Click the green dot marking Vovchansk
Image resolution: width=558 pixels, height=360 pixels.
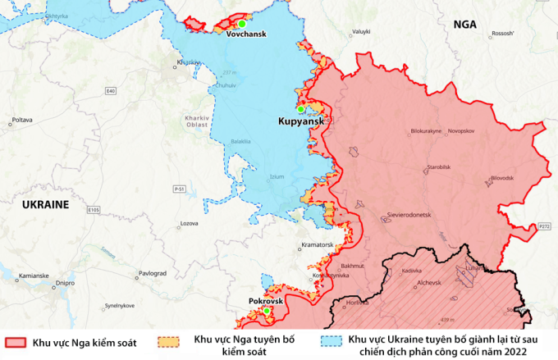(x=242, y=25)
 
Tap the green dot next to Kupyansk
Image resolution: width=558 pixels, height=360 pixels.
(x=301, y=109)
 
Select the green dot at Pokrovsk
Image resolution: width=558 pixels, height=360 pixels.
(x=266, y=312)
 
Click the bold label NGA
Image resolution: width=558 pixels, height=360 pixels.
(x=464, y=25)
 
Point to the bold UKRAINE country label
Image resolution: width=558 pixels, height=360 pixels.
(x=45, y=203)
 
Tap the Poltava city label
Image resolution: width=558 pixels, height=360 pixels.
(x=22, y=120)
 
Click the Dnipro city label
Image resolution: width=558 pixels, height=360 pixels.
(x=66, y=284)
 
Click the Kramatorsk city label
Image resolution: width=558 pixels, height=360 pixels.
(x=316, y=244)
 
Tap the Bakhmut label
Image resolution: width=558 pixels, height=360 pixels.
(x=352, y=266)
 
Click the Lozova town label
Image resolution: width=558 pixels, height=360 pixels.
(x=190, y=223)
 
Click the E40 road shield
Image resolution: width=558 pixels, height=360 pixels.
(x=110, y=90)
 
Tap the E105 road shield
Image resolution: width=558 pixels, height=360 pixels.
(x=94, y=210)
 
